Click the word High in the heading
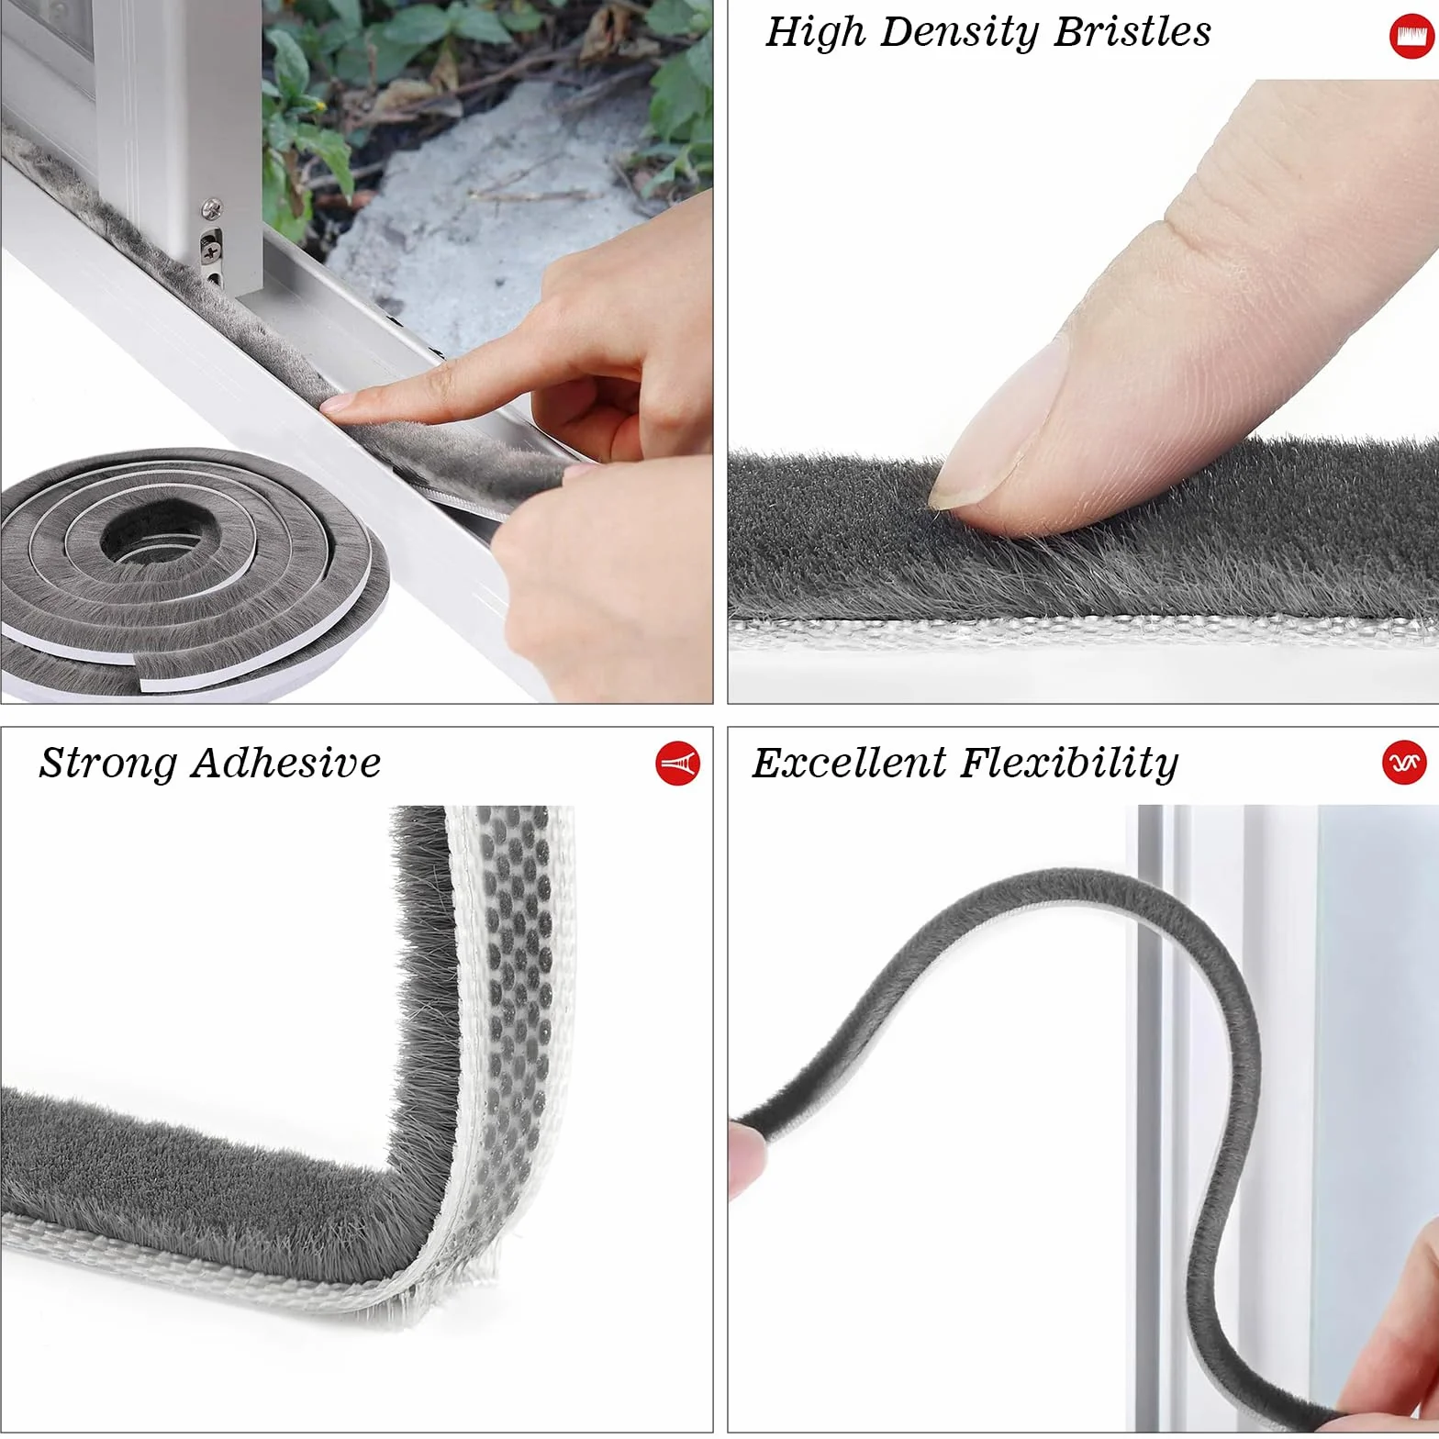(x=816, y=32)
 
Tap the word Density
(x=959, y=33)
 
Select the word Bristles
(x=1132, y=31)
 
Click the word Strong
(x=108, y=764)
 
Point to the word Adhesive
(x=287, y=763)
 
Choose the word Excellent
(x=849, y=763)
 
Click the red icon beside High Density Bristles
(x=1411, y=38)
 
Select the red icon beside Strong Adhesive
(x=677, y=764)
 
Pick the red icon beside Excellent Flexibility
(x=1404, y=763)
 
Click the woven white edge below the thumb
(x=1083, y=634)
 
